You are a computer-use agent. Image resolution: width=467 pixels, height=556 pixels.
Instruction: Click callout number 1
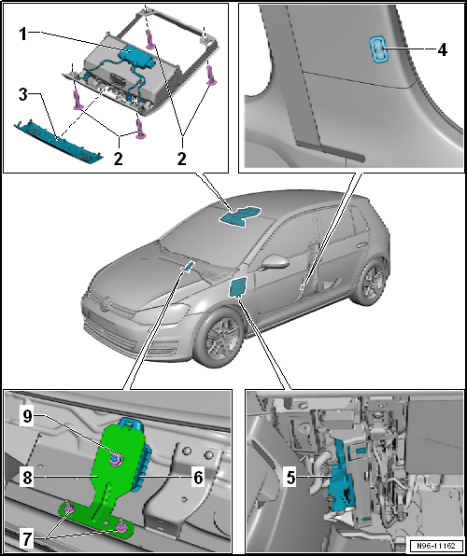(22, 34)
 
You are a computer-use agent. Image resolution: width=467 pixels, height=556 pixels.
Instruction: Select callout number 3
(22, 94)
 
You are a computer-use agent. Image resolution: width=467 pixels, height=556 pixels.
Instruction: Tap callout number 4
(442, 50)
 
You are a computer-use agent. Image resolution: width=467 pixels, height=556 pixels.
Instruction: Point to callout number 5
(290, 478)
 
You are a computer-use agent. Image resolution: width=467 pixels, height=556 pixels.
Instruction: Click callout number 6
(197, 478)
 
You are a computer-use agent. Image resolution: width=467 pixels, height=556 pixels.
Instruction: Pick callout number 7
(27, 540)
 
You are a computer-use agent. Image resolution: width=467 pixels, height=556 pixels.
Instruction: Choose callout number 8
(27, 478)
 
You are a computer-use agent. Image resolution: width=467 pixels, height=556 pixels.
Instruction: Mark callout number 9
(27, 416)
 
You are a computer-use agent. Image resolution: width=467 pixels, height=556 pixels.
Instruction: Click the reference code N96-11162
(436, 545)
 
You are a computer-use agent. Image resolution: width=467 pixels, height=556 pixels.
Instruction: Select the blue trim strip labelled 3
(59, 142)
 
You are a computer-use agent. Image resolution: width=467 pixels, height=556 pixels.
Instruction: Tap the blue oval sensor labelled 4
(378, 50)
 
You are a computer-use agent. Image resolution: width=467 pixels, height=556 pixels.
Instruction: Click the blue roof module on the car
(240, 215)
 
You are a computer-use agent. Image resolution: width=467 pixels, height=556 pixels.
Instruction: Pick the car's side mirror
(276, 261)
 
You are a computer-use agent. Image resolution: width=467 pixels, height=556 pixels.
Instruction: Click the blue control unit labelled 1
(135, 56)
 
